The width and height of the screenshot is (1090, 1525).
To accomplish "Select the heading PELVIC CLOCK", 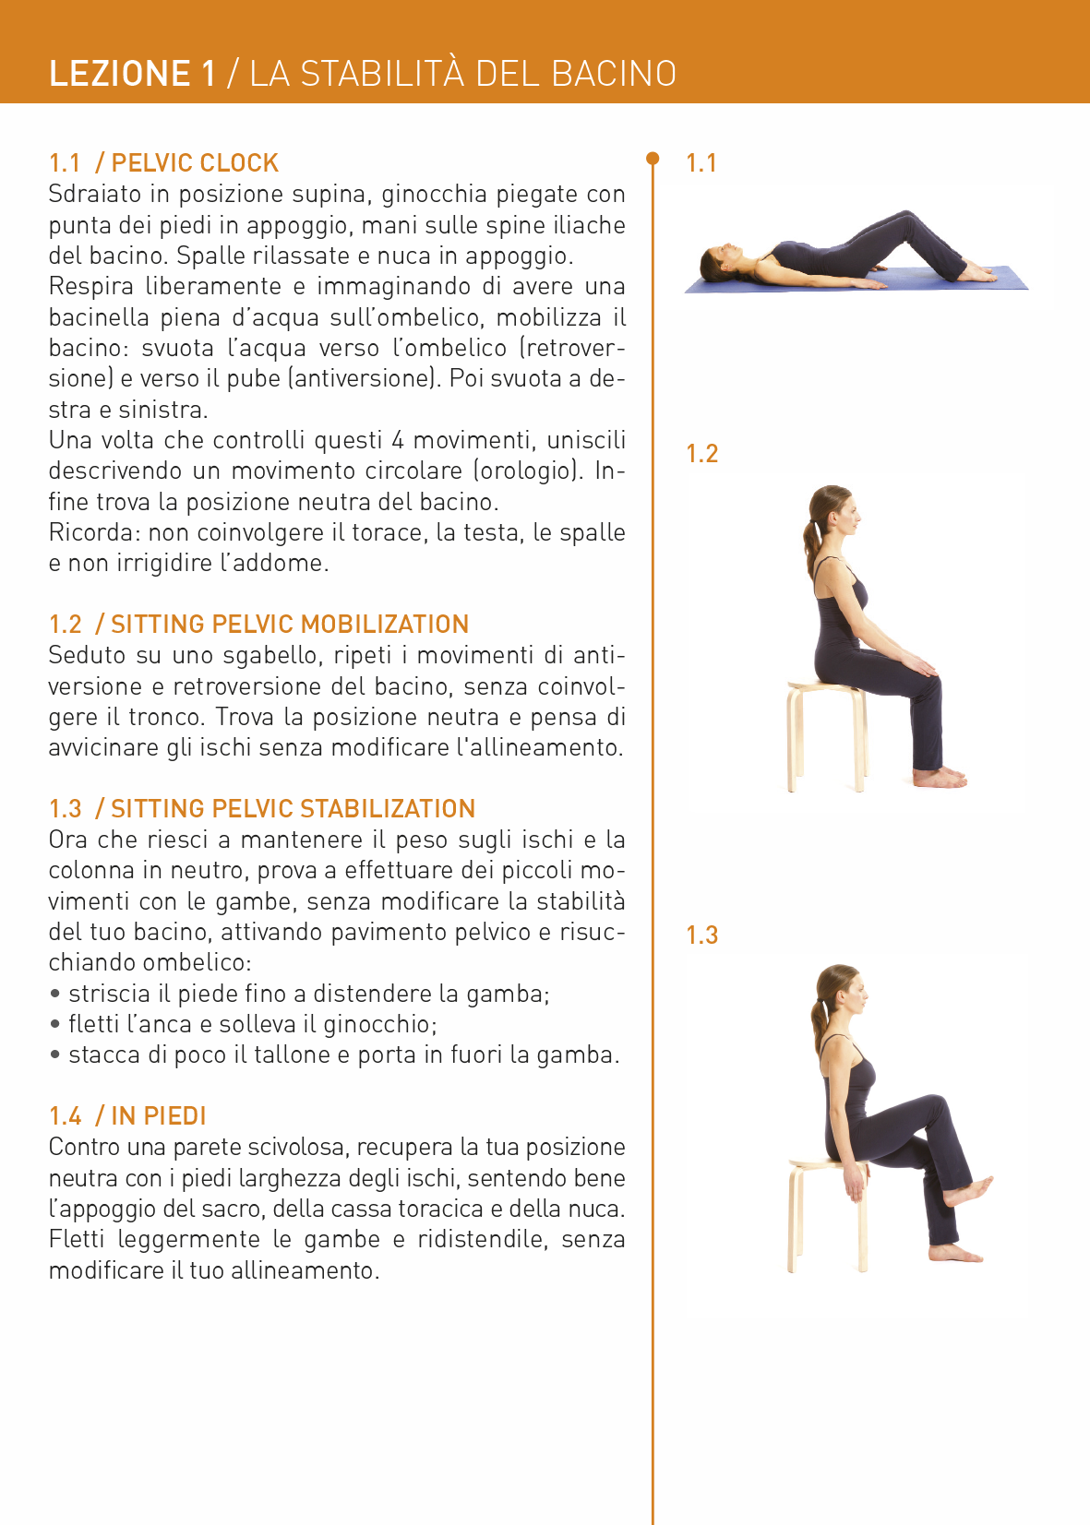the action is pyautogui.click(x=195, y=162).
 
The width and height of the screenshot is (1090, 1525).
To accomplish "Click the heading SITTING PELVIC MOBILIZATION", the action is pyautogui.click(x=290, y=624).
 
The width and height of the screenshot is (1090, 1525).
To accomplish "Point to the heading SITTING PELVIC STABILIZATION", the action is pyautogui.click(x=293, y=808).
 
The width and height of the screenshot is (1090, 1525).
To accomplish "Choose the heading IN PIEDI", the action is pyautogui.click(x=158, y=1115).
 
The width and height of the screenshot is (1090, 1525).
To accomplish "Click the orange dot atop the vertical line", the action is pyautogui.click(x=653, y=158).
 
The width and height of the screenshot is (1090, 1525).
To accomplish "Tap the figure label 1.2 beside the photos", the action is pyautogui.click(x=701, y=453).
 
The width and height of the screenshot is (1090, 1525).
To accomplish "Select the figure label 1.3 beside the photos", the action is pyautogui.click(x=701, y=935).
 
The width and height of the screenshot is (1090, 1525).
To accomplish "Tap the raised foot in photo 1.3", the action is pyautogui.click(x=967, y=1190).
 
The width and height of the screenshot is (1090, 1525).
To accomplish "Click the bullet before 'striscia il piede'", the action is pyautogui.click(x=55, y=994).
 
